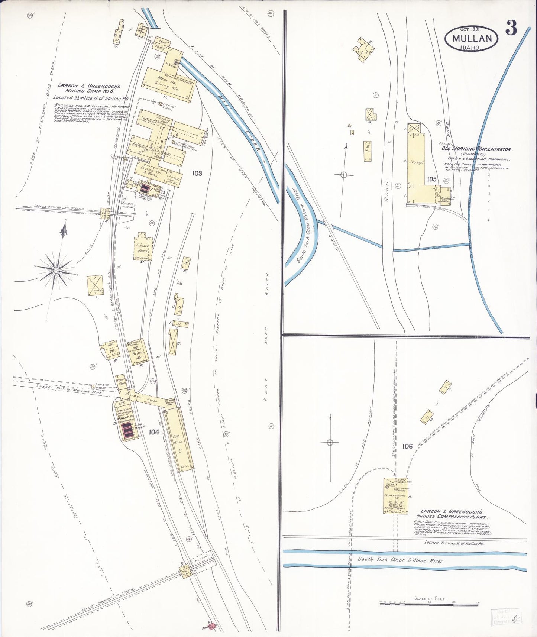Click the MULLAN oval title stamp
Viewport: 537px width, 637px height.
(x=472, y=38)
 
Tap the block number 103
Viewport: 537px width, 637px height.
(x=197, y=173)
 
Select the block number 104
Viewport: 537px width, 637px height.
(x=154, y=432)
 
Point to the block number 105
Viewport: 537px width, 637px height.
(x=431, y=179)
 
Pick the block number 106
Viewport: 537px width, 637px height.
(x=407, y=446)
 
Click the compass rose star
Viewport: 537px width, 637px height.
(x=56, y=270)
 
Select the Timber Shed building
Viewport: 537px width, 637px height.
(x=142, y=248)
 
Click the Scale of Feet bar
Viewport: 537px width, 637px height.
(x=429, y=605)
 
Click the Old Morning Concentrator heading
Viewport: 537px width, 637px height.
(x=476, y=149)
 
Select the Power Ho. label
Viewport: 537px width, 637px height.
(x=123, y=417)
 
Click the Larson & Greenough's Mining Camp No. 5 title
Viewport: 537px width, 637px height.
(x=88, y=88)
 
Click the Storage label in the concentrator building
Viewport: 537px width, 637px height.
(x=416, y=162)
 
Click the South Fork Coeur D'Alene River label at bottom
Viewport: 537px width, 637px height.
(x=400, y=560)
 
